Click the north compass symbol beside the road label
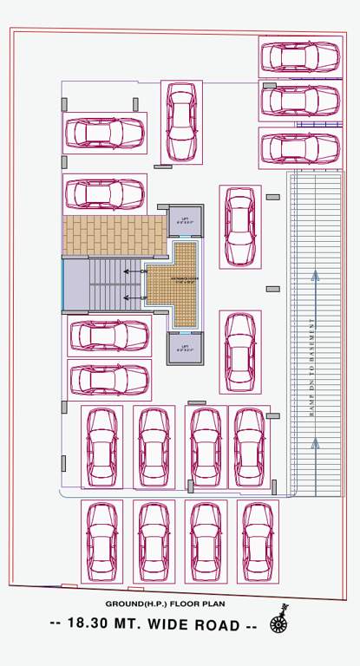click(279, 620)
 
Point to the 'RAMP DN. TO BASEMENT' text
click(311, 368)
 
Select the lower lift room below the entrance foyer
click(184, 349)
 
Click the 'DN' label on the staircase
click(143, 271)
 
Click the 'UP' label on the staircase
click(143, 297)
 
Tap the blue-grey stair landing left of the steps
click(76, 284)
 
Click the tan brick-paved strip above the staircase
click(114, 235)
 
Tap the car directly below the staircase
click(108, 335)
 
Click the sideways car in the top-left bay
click(105, 132)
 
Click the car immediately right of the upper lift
click(239, 227)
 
